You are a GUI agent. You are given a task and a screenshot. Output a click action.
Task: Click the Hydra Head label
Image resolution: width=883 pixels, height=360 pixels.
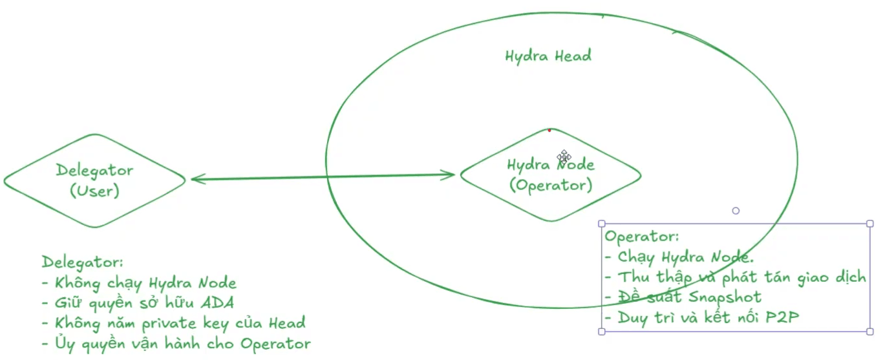[548, 56]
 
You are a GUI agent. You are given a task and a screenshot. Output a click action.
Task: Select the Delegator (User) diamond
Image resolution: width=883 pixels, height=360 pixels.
[94, 180]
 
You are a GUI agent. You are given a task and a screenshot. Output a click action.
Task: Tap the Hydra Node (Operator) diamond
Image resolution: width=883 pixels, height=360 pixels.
[550, 175]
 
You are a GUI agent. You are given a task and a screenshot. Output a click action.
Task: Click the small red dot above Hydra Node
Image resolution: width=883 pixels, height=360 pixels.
[549, 130]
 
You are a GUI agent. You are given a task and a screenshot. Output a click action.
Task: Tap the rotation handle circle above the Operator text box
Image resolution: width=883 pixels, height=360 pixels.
[736, 211]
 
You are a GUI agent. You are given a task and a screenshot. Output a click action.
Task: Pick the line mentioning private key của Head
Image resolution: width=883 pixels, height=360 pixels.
[173, 323]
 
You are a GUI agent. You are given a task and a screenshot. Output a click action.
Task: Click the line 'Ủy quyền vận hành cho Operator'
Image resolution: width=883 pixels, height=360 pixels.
[175, 343]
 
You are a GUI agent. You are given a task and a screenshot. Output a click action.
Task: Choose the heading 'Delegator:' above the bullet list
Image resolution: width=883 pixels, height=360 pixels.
[82, 262]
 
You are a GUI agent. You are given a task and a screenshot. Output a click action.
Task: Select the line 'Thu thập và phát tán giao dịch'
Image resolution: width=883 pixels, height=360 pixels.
[735, 277]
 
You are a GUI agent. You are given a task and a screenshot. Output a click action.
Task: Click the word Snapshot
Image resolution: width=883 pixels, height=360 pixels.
[725, 297]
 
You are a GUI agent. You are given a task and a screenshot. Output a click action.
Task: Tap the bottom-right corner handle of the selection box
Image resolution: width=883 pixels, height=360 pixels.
[869, 332]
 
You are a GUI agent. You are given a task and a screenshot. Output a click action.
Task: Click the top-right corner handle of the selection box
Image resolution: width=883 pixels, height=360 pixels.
[869, 224]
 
